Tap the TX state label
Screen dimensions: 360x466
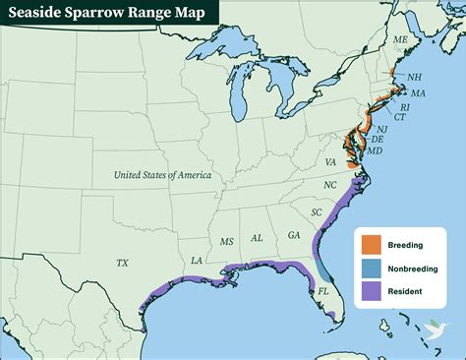coord(122,263)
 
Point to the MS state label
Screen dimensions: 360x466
coord(227,241)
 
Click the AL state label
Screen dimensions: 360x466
coord(257,238)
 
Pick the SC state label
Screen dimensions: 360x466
coord(317,212)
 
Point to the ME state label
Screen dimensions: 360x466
coord(400,39)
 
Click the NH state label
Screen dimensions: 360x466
coord(415,77)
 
